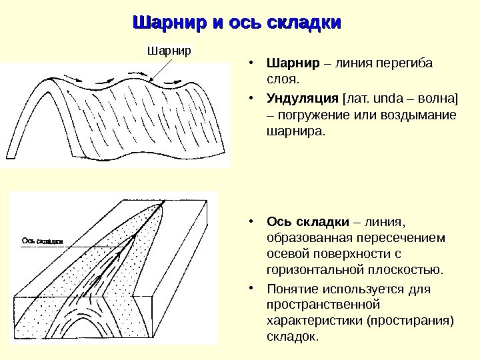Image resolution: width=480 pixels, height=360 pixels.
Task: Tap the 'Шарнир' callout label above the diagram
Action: tap(169, 50)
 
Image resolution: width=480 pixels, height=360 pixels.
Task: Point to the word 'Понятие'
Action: tap(294, 289)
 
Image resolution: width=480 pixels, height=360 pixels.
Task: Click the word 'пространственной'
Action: tap(323, 305)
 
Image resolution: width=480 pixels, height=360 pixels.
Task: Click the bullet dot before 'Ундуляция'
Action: tap(249, 100)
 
